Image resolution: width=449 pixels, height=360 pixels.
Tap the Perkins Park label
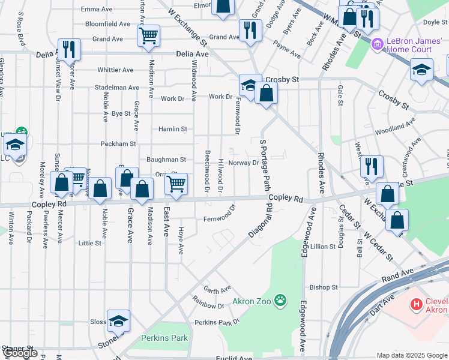click(164, 338)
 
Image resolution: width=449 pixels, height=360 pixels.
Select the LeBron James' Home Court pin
click(376, 44)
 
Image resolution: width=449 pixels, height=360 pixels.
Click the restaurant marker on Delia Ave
click(69, 49)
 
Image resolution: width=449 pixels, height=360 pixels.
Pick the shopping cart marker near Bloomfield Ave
click(148, 35)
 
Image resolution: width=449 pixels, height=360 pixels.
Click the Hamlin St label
click(173, 129)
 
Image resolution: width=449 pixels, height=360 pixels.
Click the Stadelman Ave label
click(117, 87)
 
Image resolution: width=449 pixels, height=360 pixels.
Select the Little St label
click(90, 243)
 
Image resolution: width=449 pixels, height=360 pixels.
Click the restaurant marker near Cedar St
click(372, 166)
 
